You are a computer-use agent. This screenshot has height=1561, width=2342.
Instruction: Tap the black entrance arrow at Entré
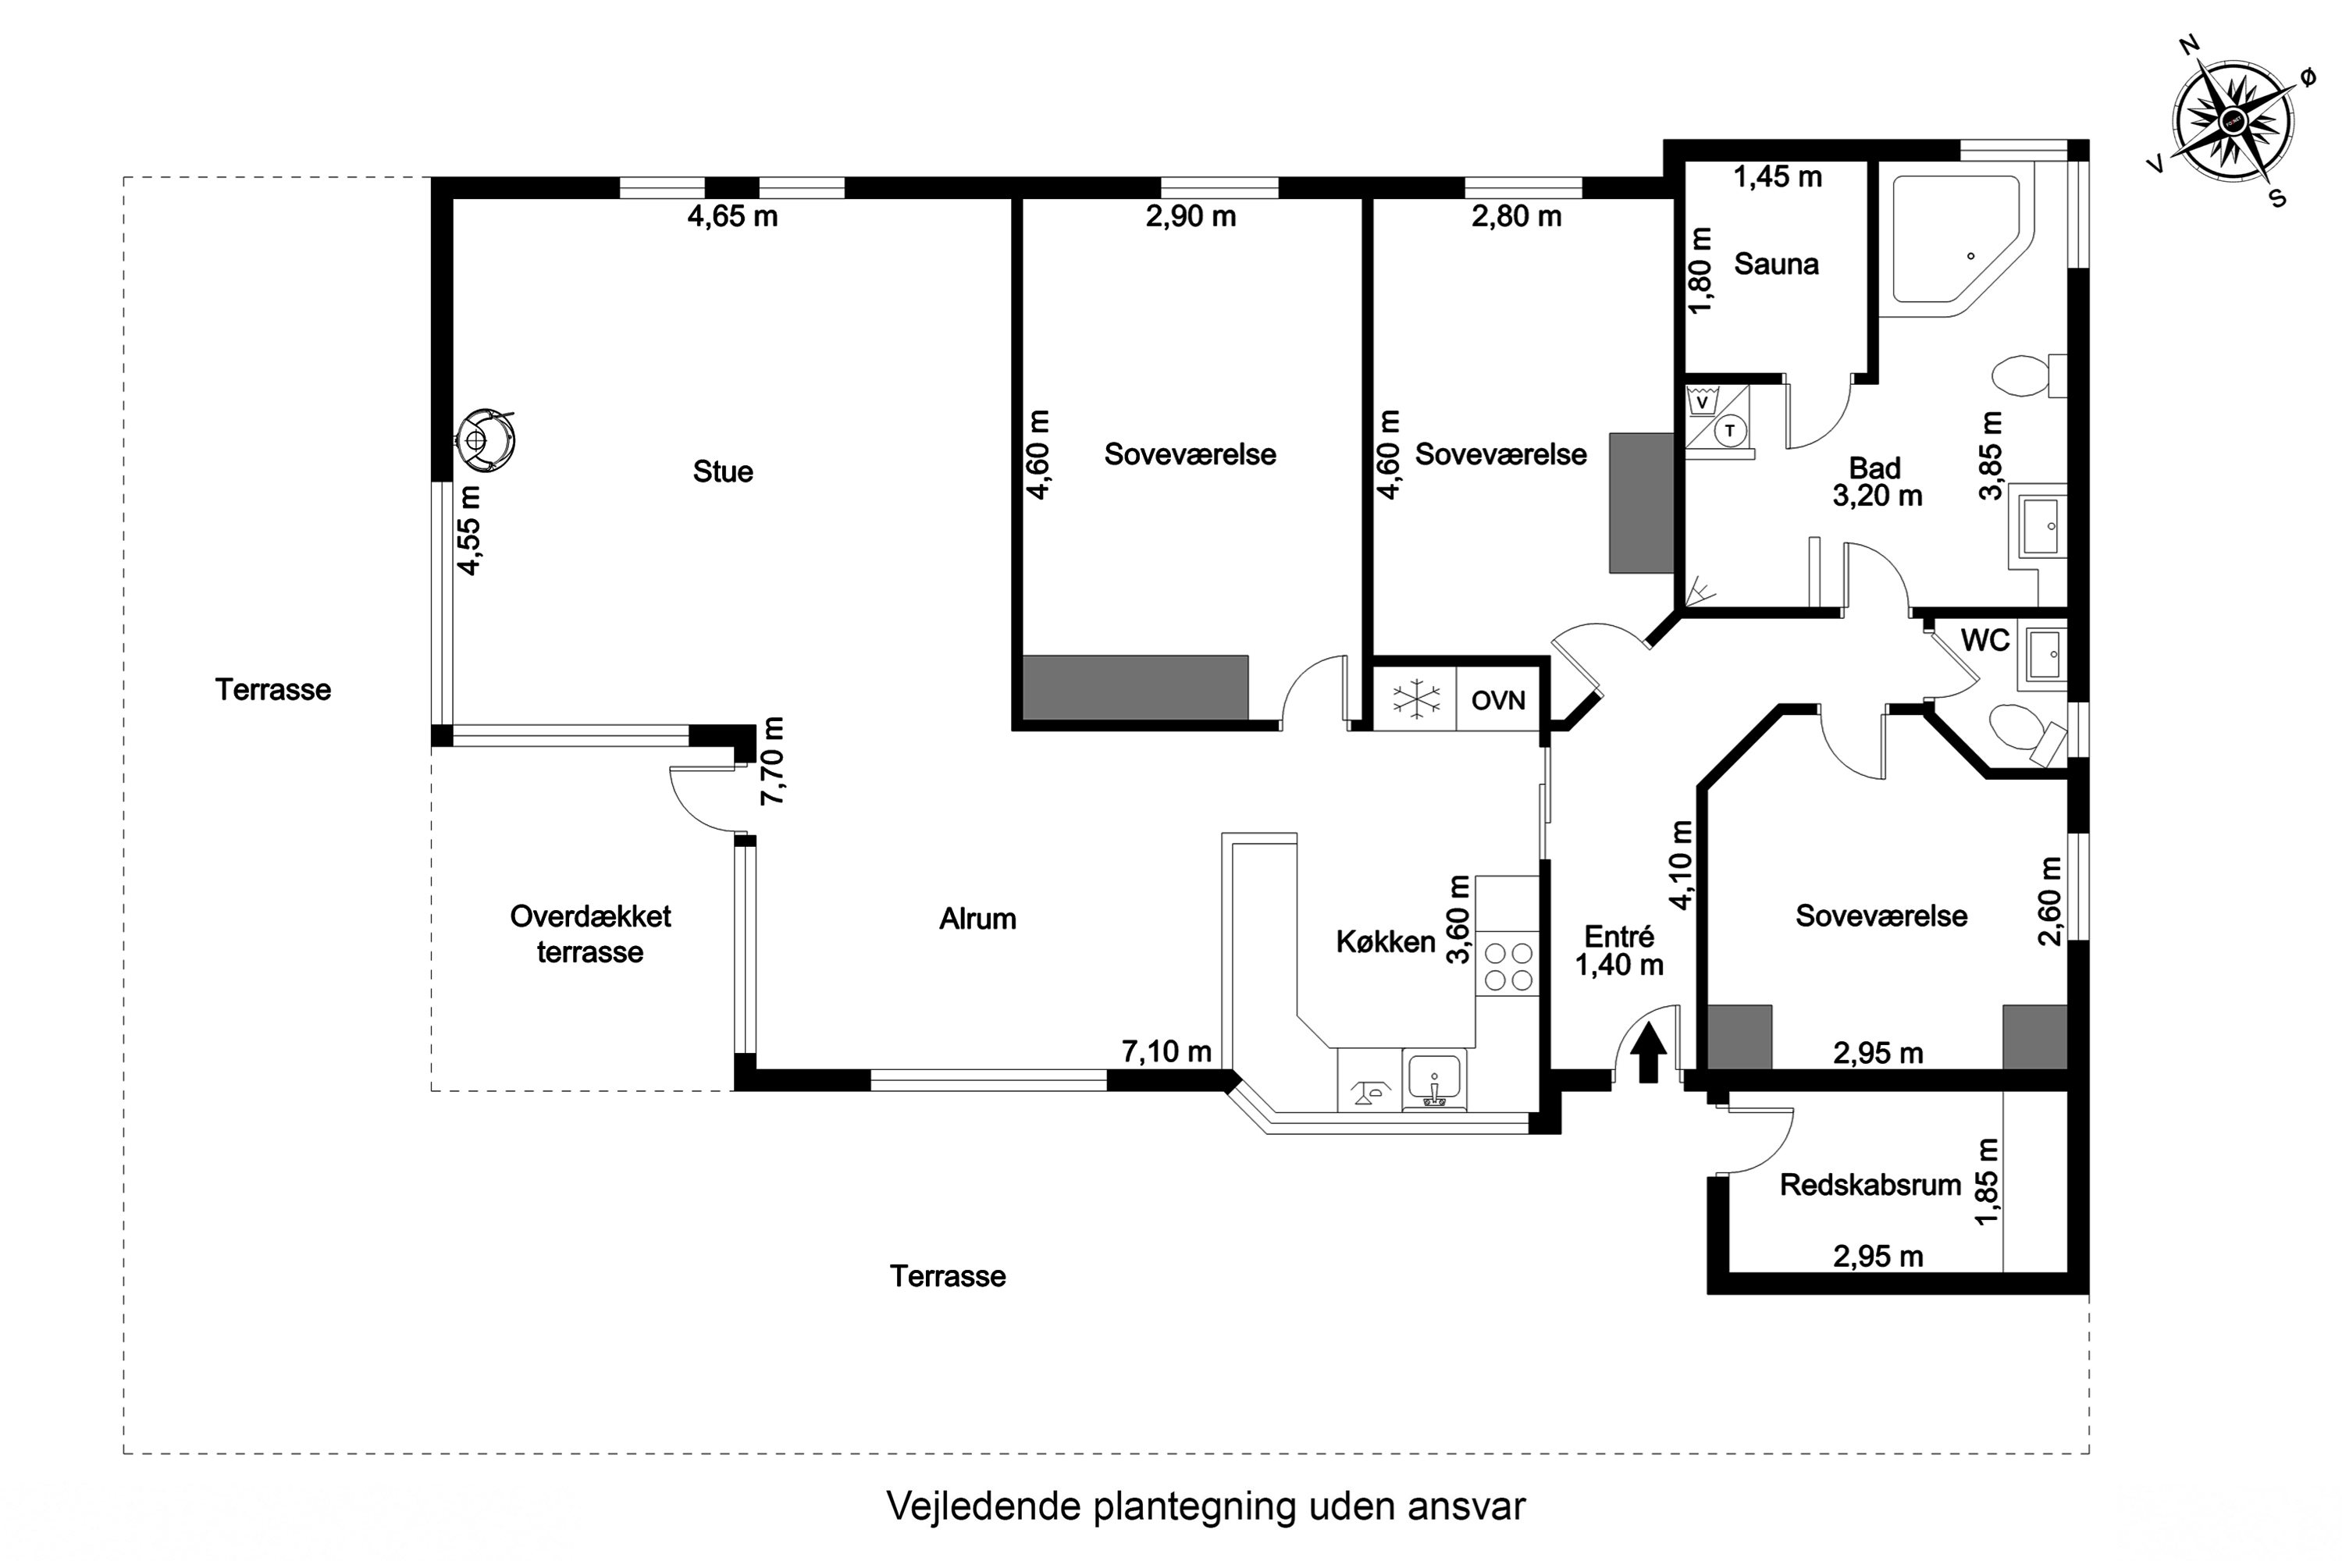point(1648,1053)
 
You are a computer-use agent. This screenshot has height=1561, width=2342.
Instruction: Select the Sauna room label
point(1777,264)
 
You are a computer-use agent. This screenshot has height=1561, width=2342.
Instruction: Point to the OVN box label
point(1497,701)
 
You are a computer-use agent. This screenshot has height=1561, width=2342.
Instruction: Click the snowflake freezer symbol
point(1415,700)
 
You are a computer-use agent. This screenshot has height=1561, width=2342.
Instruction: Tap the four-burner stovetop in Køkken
point(1507,965)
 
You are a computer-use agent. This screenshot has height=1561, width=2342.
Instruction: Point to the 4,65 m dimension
point(732,216)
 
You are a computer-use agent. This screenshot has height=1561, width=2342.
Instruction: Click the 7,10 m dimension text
point(1166,1051)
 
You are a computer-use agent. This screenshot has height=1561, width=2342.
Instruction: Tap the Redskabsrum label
point(1870,1185)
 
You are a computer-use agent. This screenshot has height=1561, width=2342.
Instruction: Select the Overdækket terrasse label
point(589,933)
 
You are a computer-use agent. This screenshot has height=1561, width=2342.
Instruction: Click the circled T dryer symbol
point(1731,430)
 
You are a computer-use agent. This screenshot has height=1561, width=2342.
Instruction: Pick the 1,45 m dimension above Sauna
point(1778,177)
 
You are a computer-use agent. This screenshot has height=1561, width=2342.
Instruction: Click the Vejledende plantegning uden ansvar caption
point(1205,1506)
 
